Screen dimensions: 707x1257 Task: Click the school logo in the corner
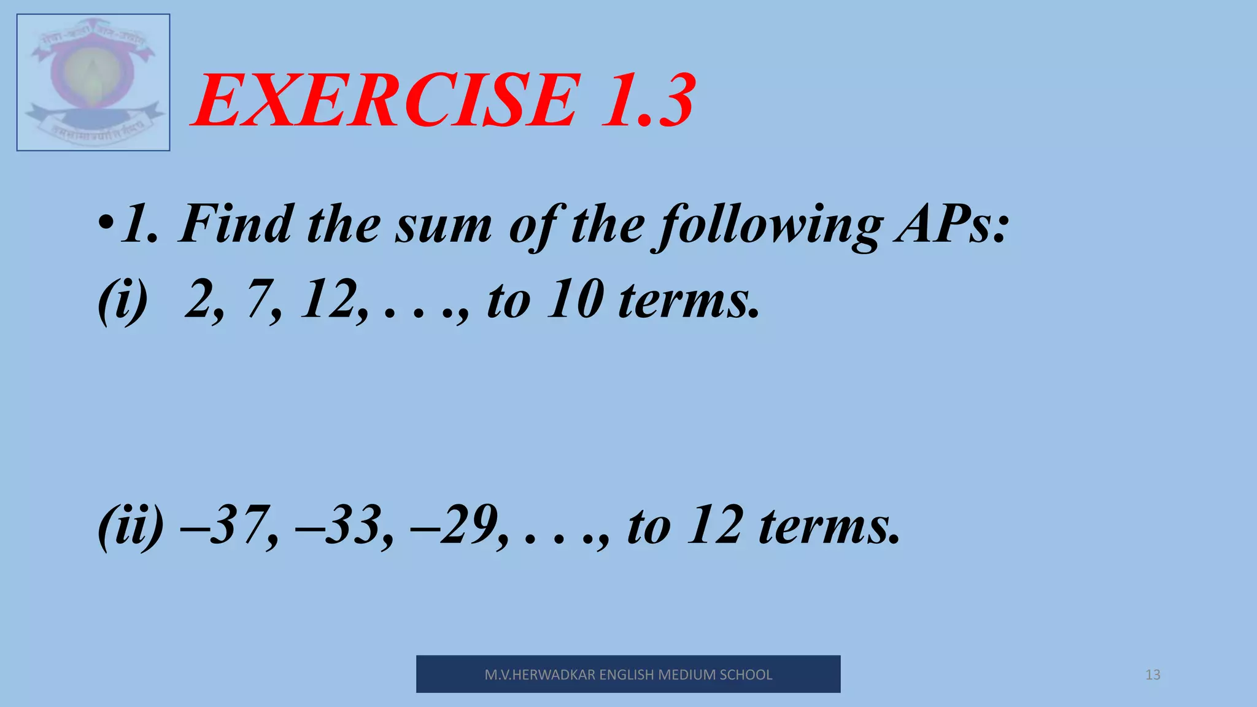(x=93, y=82)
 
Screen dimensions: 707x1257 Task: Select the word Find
(x=236, y=224)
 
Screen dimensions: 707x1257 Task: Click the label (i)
(x=123, y=301)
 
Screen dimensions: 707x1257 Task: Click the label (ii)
(x=131, y=526)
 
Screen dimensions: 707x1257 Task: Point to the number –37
(x=226, y=526)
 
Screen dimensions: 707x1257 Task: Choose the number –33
(x=341, y=526)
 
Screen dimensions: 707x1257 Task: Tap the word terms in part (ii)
(x=829, y=527)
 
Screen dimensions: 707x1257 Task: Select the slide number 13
(x=1153, y=675)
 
